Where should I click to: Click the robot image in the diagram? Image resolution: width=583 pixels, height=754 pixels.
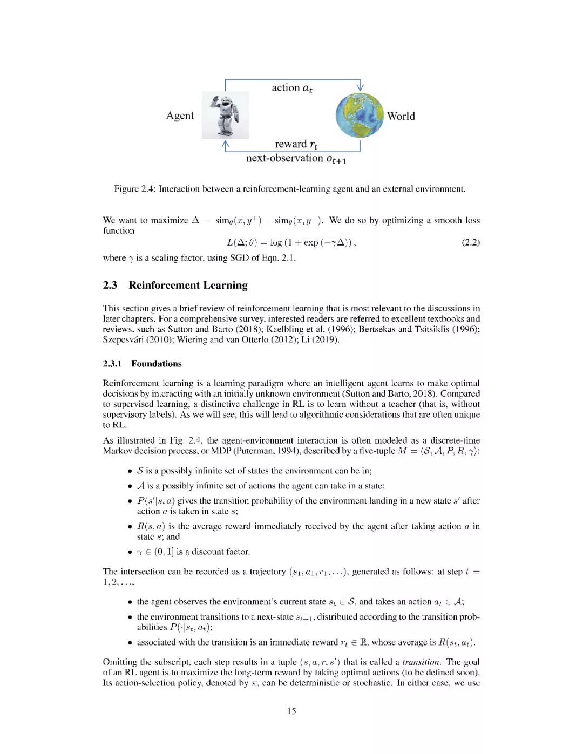(x=226, y=115)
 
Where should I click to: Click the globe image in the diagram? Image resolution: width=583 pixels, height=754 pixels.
(x=359, y=115)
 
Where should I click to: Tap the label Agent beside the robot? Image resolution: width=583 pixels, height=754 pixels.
(x=180, y=116)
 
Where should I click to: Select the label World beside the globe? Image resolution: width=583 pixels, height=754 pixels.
(x=401, y=116)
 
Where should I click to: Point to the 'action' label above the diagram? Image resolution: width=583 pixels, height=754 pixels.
(x=286, y=87)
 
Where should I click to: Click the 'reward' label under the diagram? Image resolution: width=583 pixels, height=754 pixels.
(x=290, y=144)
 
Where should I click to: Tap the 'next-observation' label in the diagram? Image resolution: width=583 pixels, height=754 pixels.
(x=284, y=158)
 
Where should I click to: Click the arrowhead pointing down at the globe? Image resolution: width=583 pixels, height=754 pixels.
(x=360, y=87)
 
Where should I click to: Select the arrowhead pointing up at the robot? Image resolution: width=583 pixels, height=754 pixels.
(x=226, y=144)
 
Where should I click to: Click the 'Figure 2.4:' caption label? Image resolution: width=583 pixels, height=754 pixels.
(x=135, y=189)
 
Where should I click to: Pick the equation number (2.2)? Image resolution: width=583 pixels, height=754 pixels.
(x=471, y=242)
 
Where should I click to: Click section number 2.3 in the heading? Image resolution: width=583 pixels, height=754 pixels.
(x=110, y=285)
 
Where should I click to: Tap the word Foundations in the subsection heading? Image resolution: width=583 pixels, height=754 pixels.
(x=157, y=364)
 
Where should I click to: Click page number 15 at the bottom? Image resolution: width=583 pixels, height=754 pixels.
(x=291, y=711)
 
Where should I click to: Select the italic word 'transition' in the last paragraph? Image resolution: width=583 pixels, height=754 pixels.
(x=421, y=662)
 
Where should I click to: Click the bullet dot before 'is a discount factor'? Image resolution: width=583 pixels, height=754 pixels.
(x=130, y=552)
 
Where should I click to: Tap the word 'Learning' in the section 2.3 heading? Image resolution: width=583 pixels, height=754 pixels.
(x=226, y=285)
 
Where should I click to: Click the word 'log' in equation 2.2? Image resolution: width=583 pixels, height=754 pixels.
(x=276, y=242)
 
